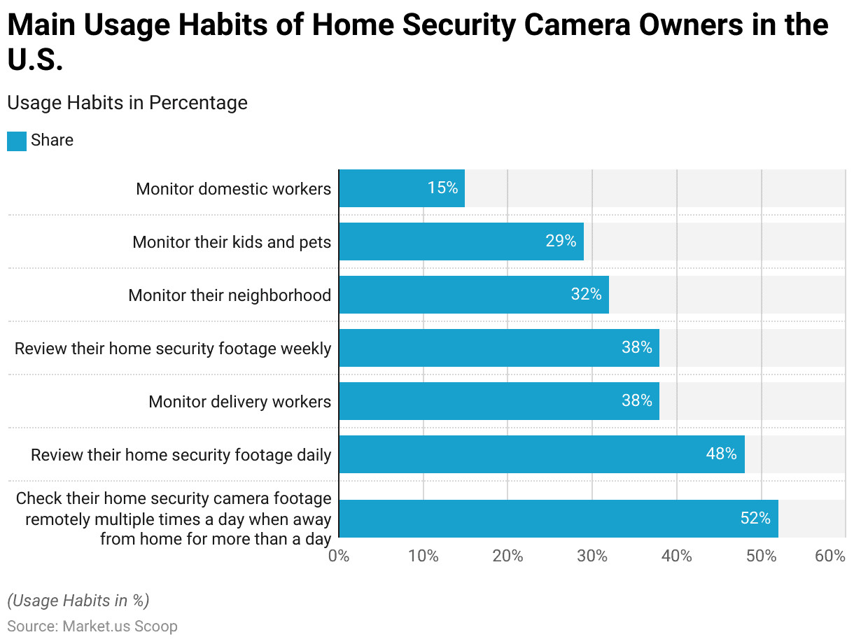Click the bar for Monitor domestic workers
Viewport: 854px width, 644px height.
point(401,188)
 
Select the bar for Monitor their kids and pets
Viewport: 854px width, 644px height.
point(461,241)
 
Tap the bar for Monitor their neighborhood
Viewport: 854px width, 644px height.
point(473,295)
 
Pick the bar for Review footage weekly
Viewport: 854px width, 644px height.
point(498,348)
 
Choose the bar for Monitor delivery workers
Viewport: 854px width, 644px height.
point(498,401)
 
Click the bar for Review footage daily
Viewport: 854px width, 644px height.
point(541,454)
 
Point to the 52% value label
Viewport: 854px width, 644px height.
point(755,519)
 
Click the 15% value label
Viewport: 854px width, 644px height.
point(442,188)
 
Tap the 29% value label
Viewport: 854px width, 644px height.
point(561,241)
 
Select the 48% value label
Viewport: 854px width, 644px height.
point(721,454)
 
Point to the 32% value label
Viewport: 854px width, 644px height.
point(586,295)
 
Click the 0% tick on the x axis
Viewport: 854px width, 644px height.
point(339,556)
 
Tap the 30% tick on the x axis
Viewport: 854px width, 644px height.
point(592,556)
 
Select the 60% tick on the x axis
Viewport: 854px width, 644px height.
point(830,556)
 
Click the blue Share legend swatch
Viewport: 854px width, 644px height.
point(17,141)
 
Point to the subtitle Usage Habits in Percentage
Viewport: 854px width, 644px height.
point(127,103)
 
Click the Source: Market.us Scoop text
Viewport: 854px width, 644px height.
point(92,626)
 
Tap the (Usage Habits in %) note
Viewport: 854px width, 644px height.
point(78,601)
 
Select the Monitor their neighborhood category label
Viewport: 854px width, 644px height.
point(230,295)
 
